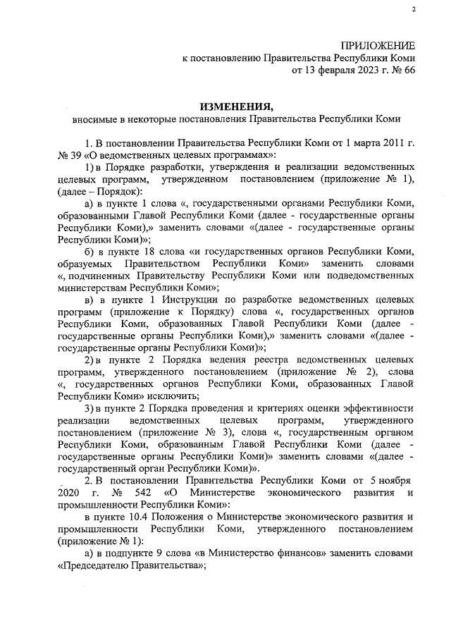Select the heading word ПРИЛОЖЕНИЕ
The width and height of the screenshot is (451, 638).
pyautogui.click(x=378, y=45)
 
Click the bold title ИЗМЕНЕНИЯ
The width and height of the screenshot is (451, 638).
pyautogui.click(x=235, y=107)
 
